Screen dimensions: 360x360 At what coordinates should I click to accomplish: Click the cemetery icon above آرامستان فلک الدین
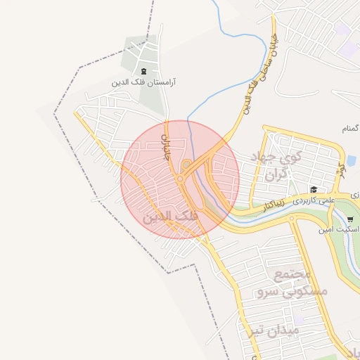(144, 71)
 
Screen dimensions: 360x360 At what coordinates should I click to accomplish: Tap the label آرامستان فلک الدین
(144, 82)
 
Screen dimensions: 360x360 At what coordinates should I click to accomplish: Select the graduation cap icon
(314, 189)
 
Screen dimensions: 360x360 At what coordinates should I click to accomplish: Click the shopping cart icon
(350, 220)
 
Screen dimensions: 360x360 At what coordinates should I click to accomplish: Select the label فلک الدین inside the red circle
(169, 217)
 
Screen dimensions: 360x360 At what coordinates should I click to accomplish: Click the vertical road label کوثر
(340, 169)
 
